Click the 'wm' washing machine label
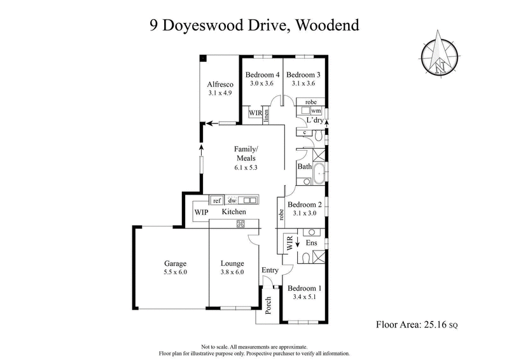pos(316,111)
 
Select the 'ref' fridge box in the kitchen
pos(216,200)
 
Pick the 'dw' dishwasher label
pos(233,200)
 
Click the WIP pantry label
pos(201,212)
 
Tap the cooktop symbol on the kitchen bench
pos(241,223)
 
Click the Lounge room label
pos(232,263)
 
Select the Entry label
pos(270,270)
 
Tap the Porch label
pos(268,304)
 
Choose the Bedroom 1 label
pos(305,288)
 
